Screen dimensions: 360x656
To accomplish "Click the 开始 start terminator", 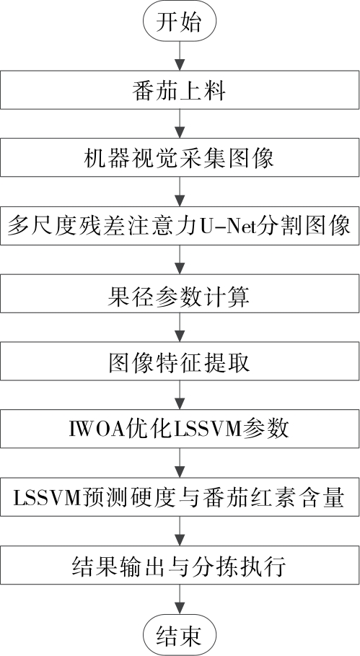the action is point(180,22).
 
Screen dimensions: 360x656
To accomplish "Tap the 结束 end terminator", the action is point(180,634).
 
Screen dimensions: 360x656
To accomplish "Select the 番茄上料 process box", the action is point(180,90).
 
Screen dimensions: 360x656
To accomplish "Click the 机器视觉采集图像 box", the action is point(180,158).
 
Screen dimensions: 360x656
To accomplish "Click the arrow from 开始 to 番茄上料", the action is point(180,56).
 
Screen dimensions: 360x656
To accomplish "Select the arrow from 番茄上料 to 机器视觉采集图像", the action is point(180,124).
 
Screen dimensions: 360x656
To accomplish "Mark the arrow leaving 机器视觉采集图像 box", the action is point(180,192).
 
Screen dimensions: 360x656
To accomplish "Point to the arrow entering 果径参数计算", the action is point(180,261).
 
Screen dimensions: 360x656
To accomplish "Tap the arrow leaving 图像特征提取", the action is point(180,395).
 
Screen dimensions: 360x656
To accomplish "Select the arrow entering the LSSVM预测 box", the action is point(180,463).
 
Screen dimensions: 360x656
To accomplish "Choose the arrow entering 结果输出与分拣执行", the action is point(180,531).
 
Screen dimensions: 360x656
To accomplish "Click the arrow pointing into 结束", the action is point(180,600).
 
